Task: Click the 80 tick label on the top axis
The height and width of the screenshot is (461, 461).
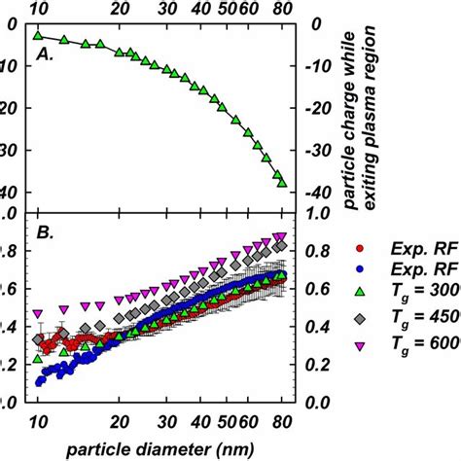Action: click(x=282, y=8)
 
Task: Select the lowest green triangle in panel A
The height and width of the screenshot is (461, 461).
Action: click(x=282, y=182)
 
